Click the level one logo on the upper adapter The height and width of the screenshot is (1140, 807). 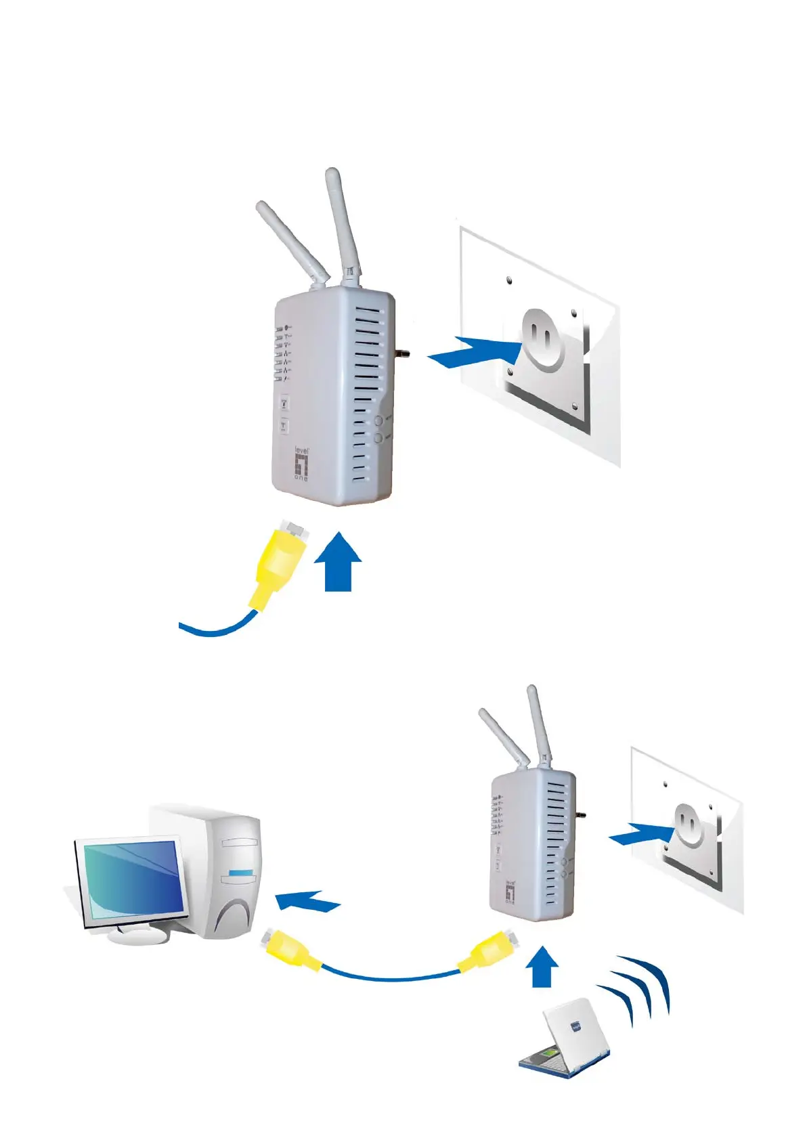[301, 464]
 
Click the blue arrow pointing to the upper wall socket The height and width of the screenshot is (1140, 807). [474, 352]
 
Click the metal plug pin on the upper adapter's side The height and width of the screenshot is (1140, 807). [403, 354]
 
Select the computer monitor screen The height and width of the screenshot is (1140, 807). [131, 879]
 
